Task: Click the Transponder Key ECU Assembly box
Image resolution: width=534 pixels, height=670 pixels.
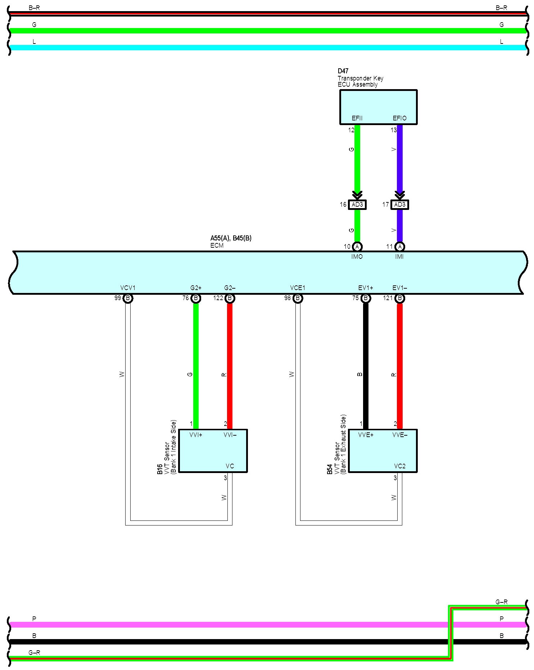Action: click(378, 104)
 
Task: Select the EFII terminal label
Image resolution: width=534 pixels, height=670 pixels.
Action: click(357, 118)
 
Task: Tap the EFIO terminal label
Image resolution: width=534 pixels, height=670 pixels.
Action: click(399, 118)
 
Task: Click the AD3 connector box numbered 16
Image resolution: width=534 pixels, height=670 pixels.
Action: click(357, 205)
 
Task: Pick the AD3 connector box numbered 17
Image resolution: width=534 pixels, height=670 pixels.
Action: click(399, 205)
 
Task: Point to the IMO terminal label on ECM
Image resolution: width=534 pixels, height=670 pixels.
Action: click(357, 257)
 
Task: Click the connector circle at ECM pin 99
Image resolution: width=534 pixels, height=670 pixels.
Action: click(128, 298)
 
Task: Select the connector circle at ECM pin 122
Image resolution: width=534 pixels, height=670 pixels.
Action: click(230, 298)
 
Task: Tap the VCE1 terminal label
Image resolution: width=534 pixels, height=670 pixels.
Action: click(298, 288)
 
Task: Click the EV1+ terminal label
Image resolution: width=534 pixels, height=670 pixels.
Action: click(366, 288)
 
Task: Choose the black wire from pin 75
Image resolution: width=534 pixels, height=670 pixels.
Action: click(366, 363)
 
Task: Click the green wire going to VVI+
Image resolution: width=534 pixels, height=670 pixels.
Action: click(196, 363)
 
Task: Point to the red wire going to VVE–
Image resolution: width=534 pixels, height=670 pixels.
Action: click(399, 363)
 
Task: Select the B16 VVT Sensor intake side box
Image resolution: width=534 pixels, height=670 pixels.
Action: click(213, 450)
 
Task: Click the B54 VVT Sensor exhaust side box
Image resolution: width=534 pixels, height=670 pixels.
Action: click(383, 450)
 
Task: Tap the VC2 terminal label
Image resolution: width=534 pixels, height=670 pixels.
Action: click(399, 466)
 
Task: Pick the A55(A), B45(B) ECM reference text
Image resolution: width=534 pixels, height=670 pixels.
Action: click(231, 238)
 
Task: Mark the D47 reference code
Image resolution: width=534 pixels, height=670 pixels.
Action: click(343, 71)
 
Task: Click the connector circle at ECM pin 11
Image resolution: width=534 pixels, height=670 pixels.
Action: click(399, 247)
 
